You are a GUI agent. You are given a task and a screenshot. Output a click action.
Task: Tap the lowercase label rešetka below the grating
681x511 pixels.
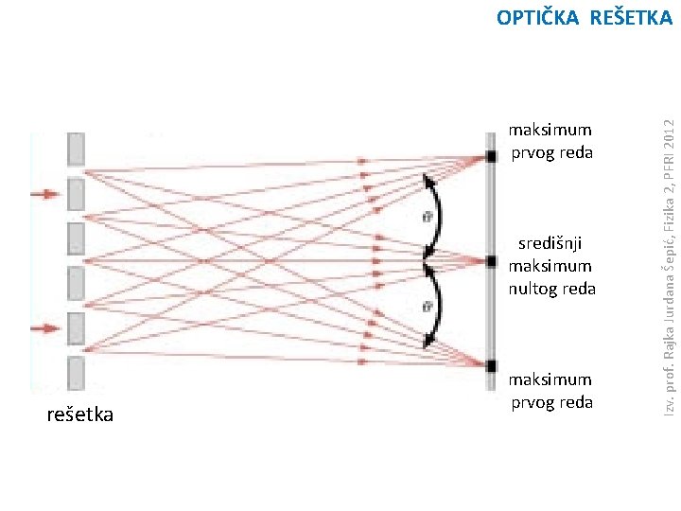[x=80, y=414]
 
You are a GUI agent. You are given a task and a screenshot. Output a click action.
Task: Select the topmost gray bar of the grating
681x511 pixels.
[x=76, y=150]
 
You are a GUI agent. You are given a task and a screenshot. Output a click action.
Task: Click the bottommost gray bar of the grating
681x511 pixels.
[x=76, y=373]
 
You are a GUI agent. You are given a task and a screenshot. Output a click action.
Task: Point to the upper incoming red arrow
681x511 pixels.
[x=44, y=194]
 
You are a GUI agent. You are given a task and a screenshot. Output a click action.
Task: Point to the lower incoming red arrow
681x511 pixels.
[x=44, y=328]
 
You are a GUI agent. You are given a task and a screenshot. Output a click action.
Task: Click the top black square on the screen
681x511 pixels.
[x=491, y=155]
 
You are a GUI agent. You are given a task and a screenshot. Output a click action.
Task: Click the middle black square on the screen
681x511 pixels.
[x=491, y=260]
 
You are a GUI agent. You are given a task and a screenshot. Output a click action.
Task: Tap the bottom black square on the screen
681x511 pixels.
[x=491, y=365]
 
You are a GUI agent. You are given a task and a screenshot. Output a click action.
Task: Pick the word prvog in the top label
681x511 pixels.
[x=533, y=153]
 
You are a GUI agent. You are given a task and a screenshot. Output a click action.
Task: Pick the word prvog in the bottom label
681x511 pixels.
[x=533, y=402]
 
